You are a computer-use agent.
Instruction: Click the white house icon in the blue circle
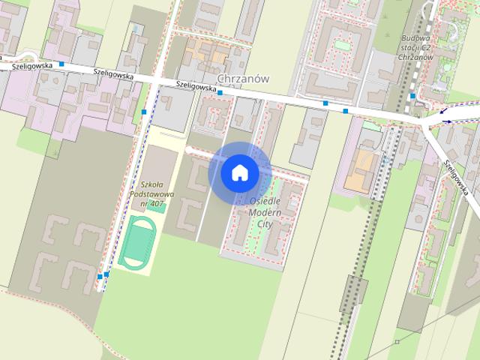pyautogui.click(x=240, y=172)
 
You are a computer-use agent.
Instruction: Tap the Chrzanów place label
pyautogui.click(x=242, y=78)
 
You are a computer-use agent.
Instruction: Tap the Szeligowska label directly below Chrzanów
pyautogui.click(x=196, y=85)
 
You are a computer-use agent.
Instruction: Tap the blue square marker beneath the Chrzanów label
pyautogui.click(x=220, y=92)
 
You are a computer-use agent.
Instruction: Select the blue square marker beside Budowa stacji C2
pyautogui.click(x=412, y=96)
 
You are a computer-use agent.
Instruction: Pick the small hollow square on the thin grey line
pyautogui.click(x=397, y=342)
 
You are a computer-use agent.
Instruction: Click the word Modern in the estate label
pyautogui.click(x=263, y=212)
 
